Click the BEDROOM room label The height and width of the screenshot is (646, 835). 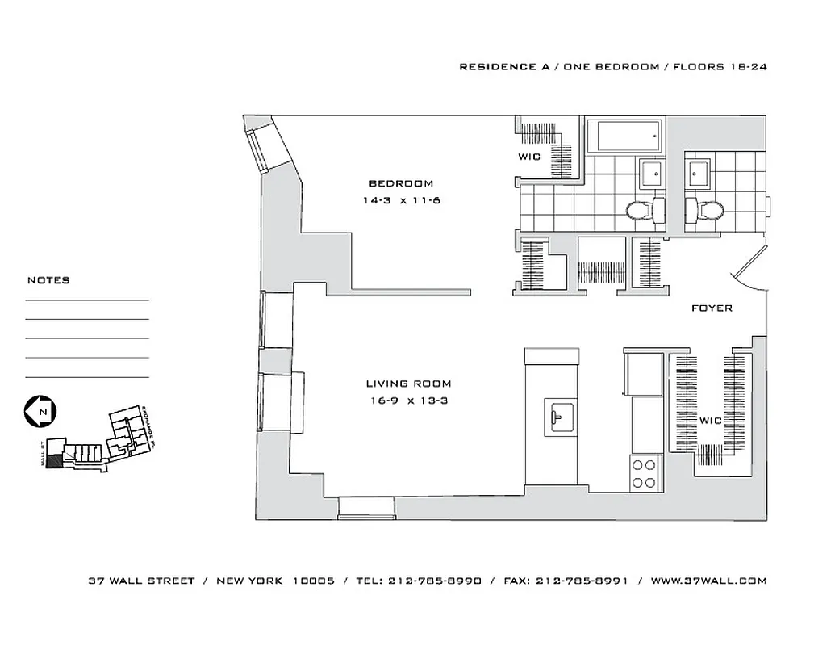pos(401,183)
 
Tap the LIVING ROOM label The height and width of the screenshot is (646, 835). pos(408,384)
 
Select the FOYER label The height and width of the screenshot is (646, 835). pos(712,308)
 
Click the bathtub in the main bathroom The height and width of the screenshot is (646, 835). pos(623,136)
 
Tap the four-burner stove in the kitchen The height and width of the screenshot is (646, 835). pos(644,473)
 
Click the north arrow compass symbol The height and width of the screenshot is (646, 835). pos(38,412)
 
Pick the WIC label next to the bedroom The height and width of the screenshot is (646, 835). pos(529,157)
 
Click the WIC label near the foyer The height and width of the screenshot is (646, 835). pos(711,420)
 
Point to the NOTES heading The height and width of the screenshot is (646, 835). pos(48,280)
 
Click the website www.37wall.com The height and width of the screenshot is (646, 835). pos(708,580)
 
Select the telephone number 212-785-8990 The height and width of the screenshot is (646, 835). pos(435,580)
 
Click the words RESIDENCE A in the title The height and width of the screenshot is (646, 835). pos(498,67)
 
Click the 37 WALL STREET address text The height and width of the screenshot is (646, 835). pos(141,580)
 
